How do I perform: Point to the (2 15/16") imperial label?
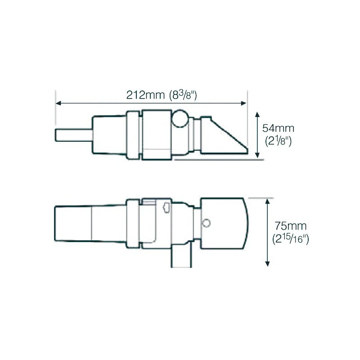[291, 239]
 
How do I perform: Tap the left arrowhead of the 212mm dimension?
[58, 103]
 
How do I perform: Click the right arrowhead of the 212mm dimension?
[245, 103]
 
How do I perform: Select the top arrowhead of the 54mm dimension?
[258, 114]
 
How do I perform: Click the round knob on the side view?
[180, 119]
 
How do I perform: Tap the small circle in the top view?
[207, 223]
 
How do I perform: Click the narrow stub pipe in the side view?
[72, 135]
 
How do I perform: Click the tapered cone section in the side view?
[108, 135]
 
